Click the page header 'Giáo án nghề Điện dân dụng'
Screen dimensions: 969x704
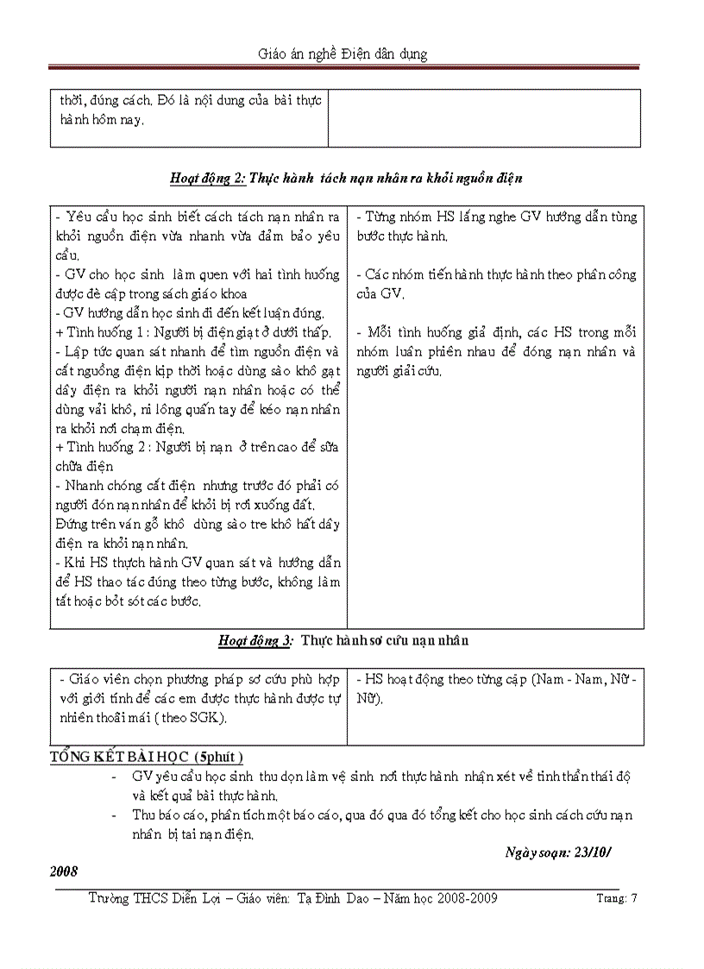343,53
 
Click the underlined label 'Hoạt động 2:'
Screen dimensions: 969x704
207,179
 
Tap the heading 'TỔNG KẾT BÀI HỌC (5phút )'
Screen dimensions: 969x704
147,757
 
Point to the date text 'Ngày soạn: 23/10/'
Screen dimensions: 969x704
562,853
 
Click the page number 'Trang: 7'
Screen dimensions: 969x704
616,898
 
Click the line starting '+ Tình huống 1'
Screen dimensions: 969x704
192,332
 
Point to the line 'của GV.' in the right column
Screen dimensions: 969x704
379,293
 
